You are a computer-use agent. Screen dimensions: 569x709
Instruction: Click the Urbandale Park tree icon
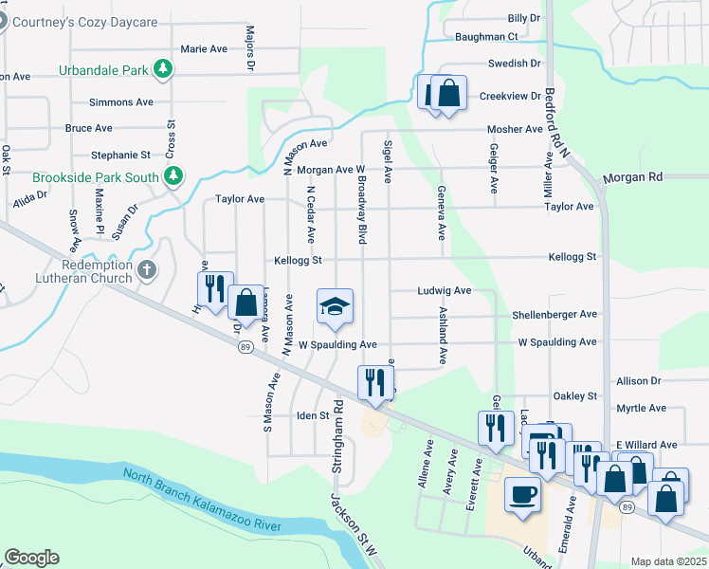(x=165, y=68)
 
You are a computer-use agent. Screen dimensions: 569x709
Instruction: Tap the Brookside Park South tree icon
(x=174, y=176)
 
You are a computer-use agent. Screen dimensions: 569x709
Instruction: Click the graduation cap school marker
(x=334, y=306)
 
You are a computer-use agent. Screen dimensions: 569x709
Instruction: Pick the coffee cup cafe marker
(x=522, y=494)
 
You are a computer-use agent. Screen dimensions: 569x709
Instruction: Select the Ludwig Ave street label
(x=445, y=291)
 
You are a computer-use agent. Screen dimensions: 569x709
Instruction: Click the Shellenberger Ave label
(x=554, y=314)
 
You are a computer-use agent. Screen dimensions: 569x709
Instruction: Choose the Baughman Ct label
(x=485, y=36)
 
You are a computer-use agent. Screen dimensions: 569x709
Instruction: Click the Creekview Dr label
(x=509, y=96)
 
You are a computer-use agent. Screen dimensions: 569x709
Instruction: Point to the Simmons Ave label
(x=120, y=102)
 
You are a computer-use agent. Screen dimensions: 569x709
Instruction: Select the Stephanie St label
(x=120, y=155)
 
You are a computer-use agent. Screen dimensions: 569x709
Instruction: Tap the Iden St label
(x=312, y=415)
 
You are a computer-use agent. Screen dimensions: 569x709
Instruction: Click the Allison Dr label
(x=638, y=380)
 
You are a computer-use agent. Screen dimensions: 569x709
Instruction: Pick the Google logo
(x=31, y=558)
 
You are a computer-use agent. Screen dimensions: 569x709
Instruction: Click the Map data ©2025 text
(x=667, y=561)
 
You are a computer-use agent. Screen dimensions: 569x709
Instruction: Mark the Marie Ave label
(x=204, y=48)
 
